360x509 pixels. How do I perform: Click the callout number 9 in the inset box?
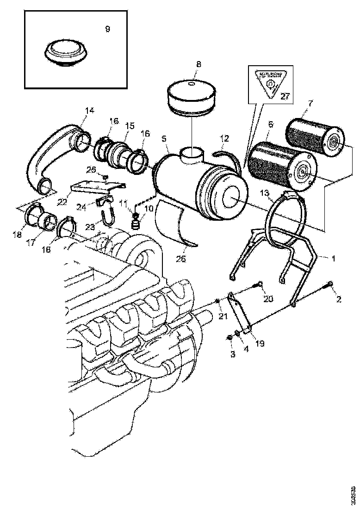point(107,29)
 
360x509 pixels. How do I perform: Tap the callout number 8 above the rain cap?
point(199,63)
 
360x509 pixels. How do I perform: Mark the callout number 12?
point(224,138)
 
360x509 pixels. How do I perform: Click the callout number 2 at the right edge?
point(339,299)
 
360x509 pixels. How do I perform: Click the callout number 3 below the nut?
point(232,354)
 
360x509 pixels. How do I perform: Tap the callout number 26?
point(180,259)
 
